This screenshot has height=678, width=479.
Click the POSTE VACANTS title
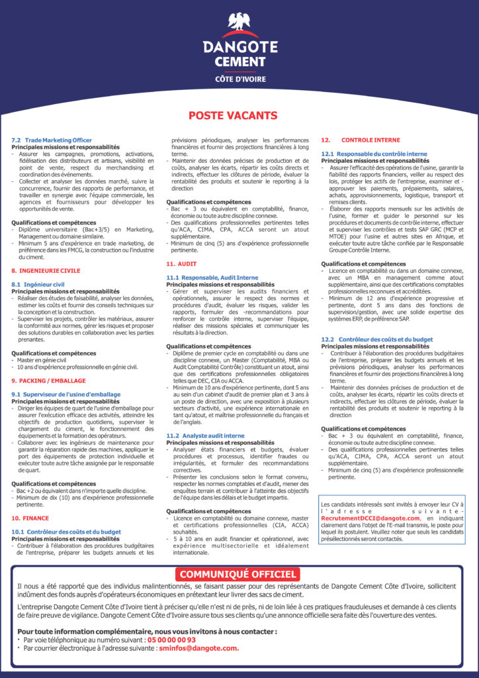pos(233,116)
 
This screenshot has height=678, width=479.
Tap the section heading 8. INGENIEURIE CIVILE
pos(46,271)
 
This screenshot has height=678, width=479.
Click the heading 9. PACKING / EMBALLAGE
pos(48,381)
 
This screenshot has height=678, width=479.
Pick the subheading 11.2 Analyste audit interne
pos(205,436)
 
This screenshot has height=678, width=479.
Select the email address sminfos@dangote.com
pos(198,649)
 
